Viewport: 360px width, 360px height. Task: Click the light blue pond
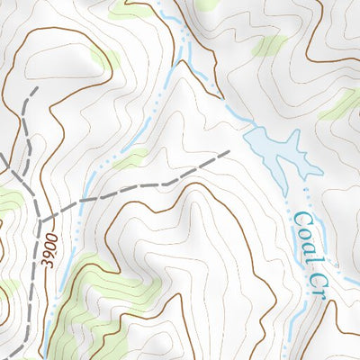pos(270,148)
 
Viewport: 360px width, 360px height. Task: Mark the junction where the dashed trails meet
pos(40,219)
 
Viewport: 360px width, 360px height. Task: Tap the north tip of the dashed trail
pos(35,90)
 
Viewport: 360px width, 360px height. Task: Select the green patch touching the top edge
pos(130,12)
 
